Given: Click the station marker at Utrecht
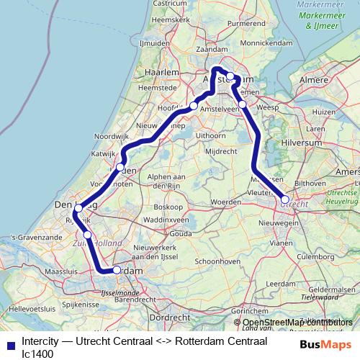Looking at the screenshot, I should [285, 199].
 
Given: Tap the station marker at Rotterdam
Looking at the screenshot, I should [117, 270].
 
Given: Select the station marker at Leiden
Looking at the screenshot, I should [121, 168].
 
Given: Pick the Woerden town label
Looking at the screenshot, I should [227, 202].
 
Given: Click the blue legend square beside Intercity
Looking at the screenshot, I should [10, 346].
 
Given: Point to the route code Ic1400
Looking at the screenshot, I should [37, 354].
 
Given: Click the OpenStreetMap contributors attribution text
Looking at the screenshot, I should [293, 322].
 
